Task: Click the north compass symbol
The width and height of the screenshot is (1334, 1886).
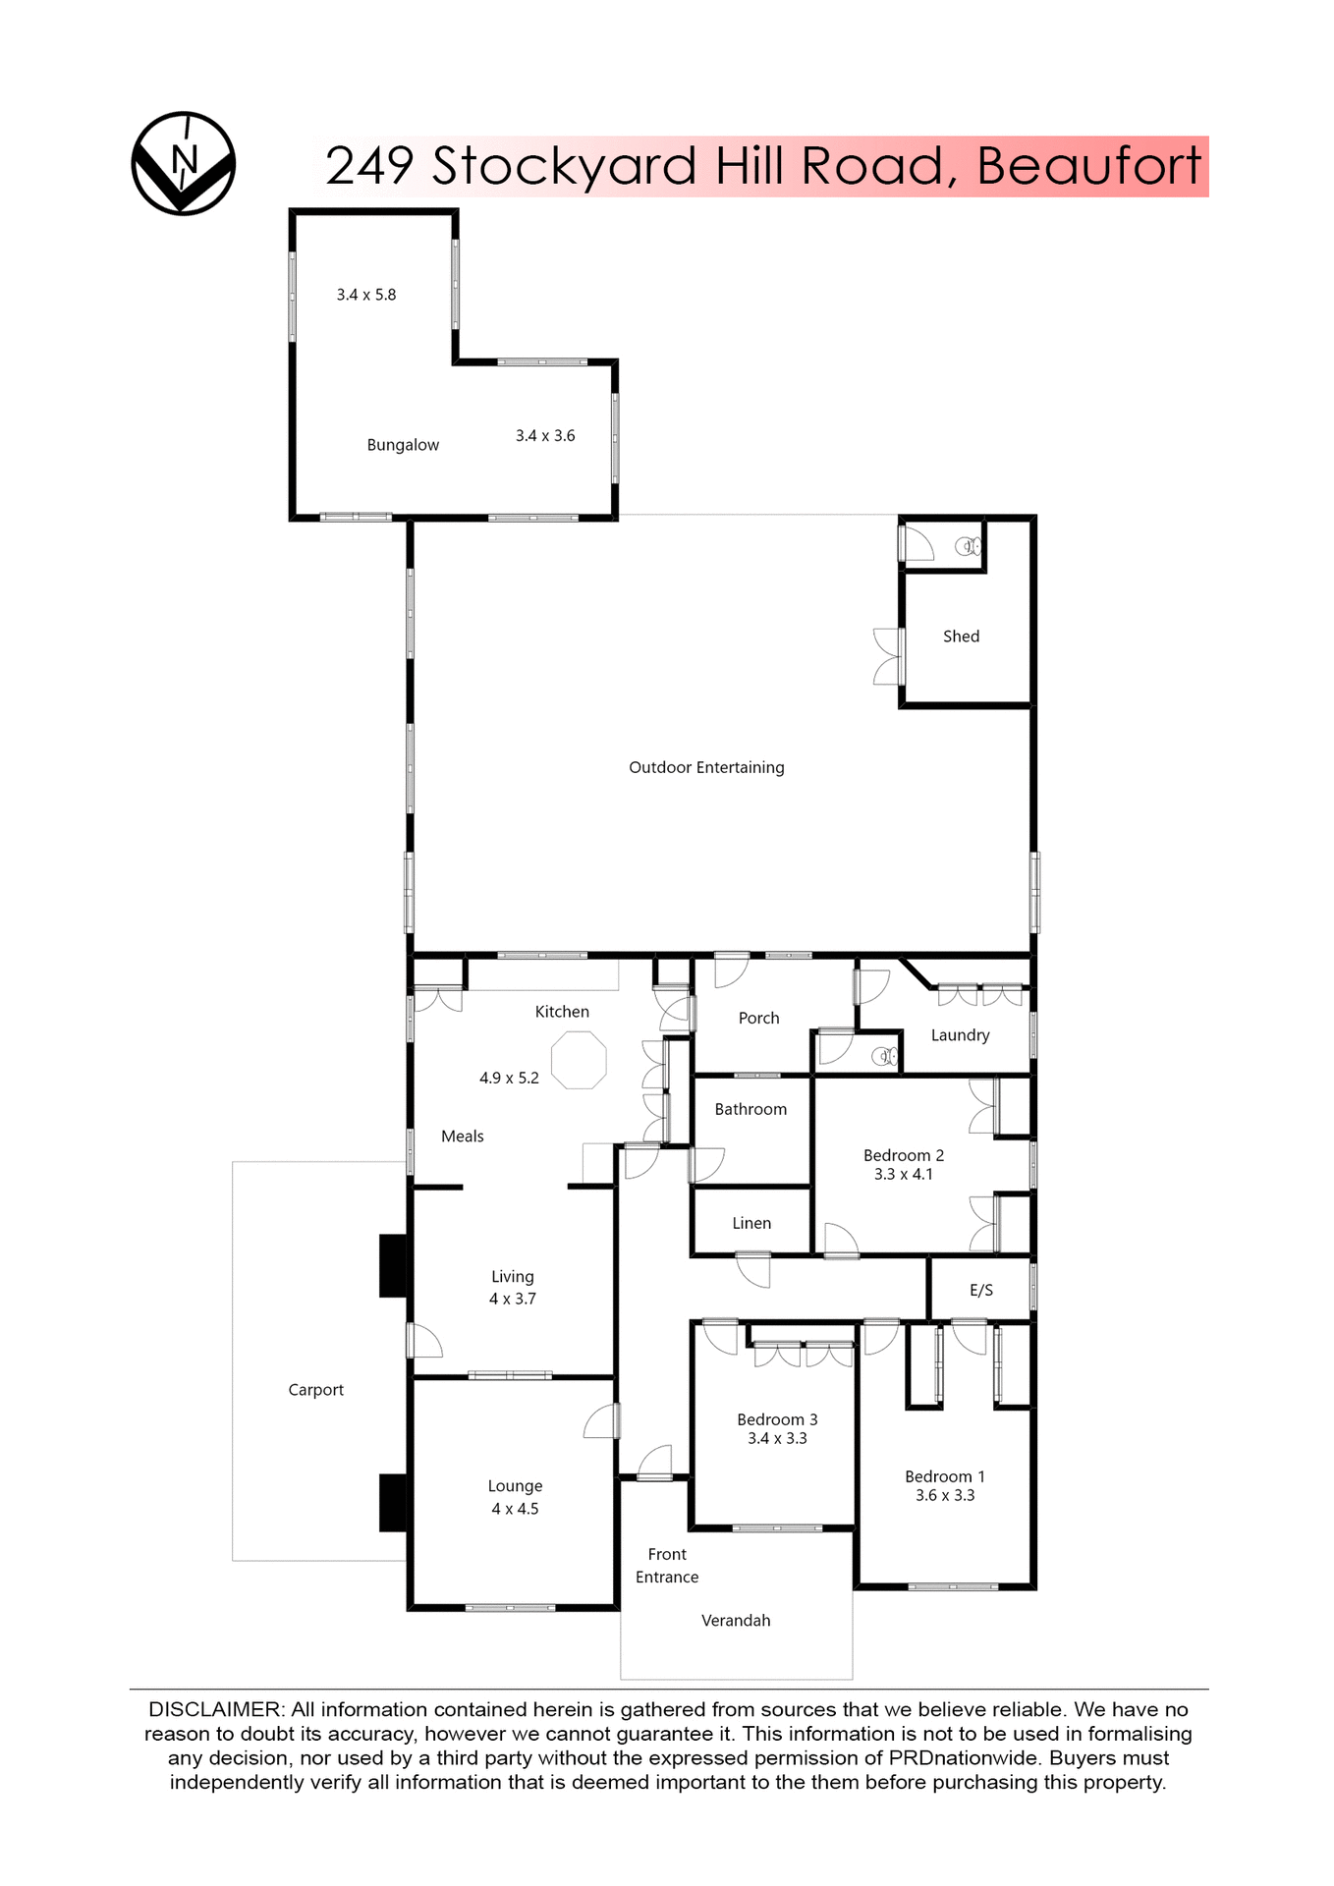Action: coord(184,163)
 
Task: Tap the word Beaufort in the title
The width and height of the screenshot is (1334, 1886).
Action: coord(1088,166)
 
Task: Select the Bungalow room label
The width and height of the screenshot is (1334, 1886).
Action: coord(403,445)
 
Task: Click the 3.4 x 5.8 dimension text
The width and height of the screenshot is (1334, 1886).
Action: coord(366,295)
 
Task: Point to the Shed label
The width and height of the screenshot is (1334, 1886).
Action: coord(961,637)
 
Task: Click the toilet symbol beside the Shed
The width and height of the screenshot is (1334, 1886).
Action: coord(969,546)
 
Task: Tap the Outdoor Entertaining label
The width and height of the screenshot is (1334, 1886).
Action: coord(706,767)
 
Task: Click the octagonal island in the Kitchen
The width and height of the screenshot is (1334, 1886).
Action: coord(579,1060)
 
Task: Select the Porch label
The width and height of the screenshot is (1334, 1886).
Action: coord(758,1019)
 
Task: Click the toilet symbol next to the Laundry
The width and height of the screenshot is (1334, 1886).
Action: coord(885,1057)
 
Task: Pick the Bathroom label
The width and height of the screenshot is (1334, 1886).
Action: coord(750,1109)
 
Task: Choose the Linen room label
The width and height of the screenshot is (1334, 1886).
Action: coord(751,1223)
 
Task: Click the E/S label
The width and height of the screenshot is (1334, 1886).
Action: coord(981,1291)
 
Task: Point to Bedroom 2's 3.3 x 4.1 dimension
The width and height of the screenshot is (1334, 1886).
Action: coord(904,1175)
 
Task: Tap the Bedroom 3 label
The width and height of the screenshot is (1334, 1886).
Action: coord(777,1419)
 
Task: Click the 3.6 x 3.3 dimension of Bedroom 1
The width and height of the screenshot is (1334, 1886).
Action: coord(945,1495)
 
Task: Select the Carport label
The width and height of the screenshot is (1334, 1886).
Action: coord(315,1390)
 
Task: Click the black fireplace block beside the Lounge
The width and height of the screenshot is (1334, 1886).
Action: coord(393,1502)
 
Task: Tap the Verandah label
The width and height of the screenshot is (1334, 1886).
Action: coord(736,1621)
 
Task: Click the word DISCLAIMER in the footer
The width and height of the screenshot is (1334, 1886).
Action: coord(214,1710)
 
